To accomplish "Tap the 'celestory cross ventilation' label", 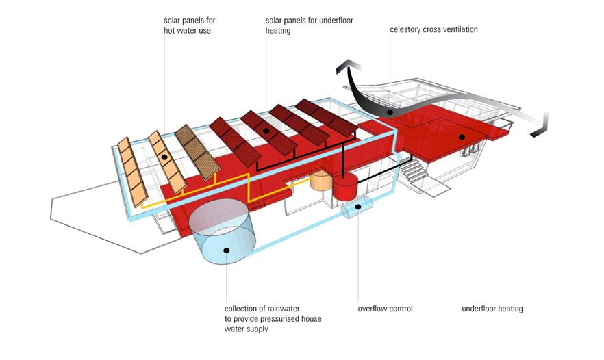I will (x=433, y=29).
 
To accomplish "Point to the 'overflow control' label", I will (x=385, y=309).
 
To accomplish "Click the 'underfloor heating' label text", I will (x=492, y=309).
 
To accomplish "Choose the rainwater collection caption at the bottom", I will (x=273, y=319).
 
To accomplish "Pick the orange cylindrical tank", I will (x=320, y=181).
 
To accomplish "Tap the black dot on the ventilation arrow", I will (x=390, y=112).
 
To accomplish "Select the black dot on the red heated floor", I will (x=462, y=137).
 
